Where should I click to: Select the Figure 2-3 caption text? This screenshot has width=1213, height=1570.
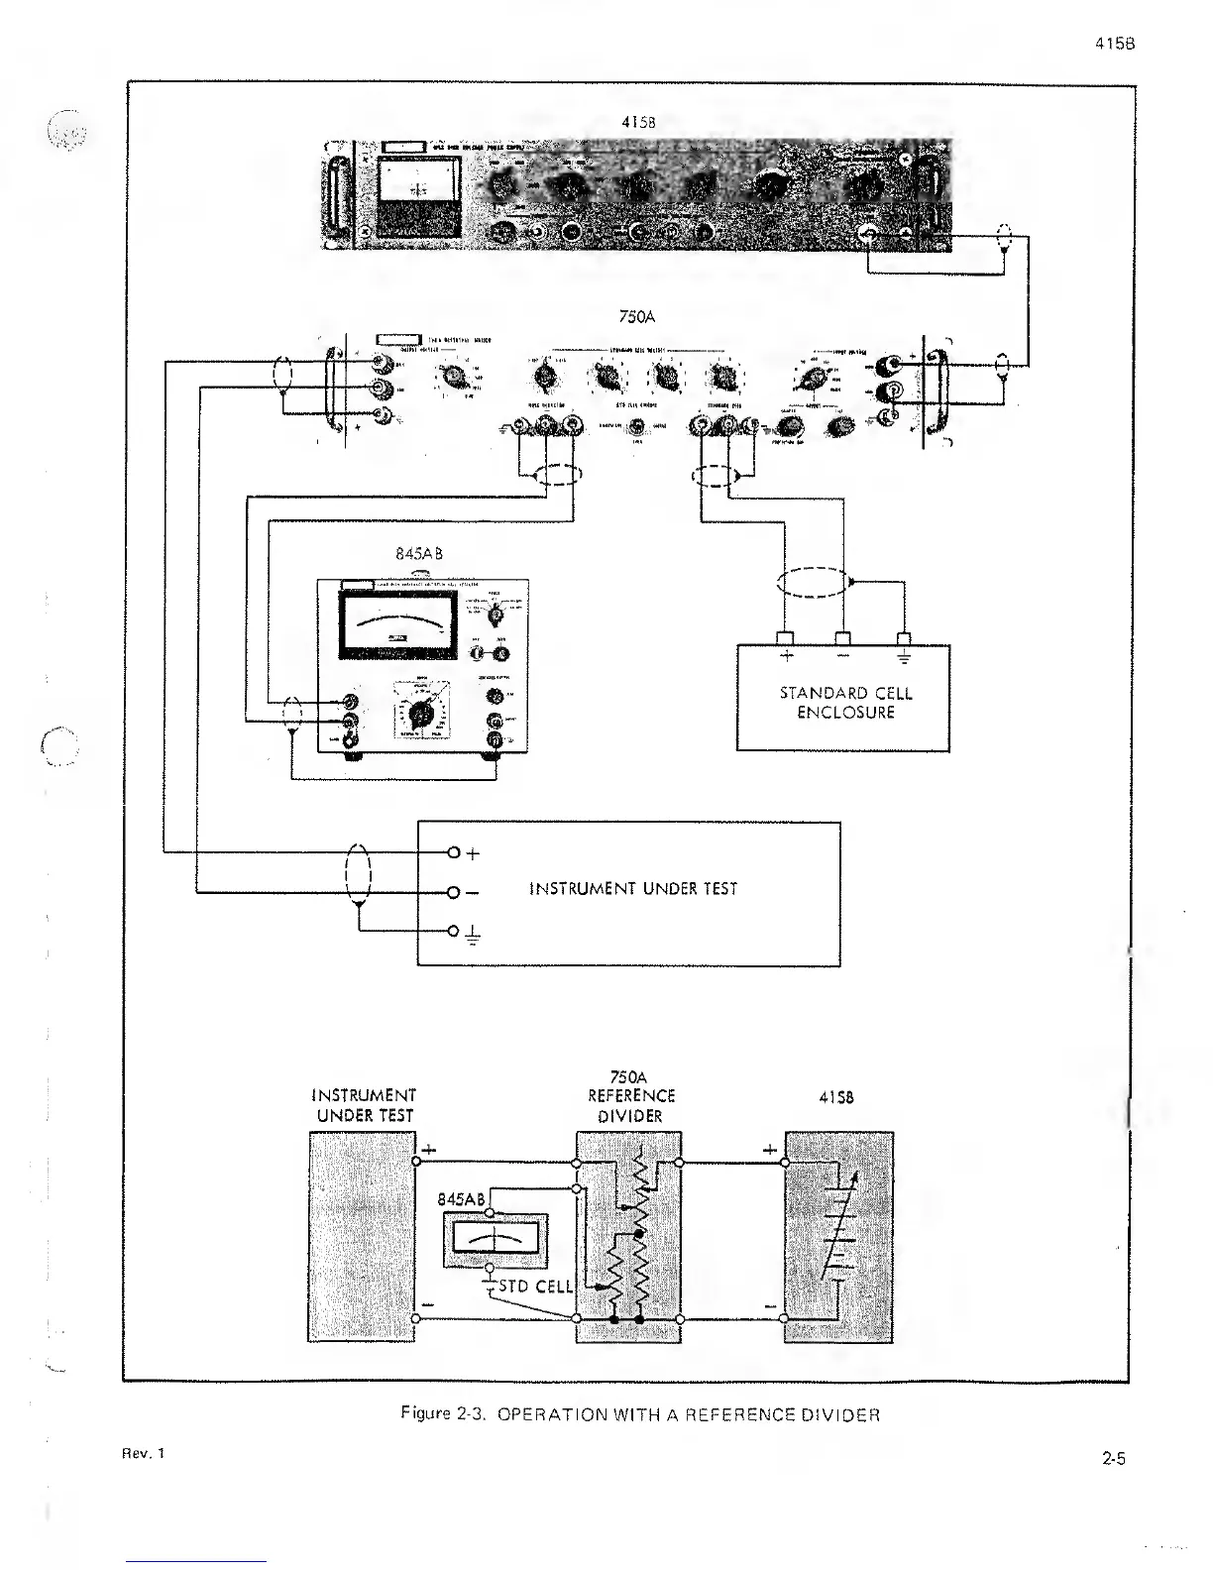[639, 1414]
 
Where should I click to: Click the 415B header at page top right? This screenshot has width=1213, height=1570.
[1115, 45]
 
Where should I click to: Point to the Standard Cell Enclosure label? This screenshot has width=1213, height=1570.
[845, 703]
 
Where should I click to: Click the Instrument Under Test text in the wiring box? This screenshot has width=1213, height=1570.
[633, 889]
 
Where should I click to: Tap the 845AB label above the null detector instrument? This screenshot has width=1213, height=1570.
[418, 554]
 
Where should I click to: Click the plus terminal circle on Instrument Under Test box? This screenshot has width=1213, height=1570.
[454, 852]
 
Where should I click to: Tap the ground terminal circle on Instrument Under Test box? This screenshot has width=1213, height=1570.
[454, 931]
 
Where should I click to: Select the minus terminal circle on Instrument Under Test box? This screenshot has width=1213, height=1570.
[454, 892]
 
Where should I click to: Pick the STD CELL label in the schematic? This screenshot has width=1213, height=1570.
[540, 1287]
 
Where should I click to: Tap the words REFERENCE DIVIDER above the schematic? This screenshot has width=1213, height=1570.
[630, 1105]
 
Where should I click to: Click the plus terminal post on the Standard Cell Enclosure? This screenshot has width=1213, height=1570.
[787, 637]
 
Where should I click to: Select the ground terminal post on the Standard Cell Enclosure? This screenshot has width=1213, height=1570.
[903, 637]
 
